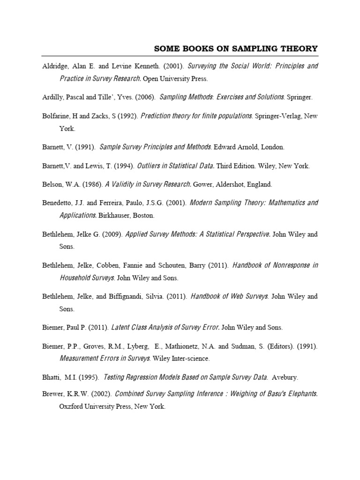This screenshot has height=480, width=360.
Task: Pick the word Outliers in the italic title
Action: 149,166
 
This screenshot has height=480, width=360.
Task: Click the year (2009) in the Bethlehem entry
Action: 112,234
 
